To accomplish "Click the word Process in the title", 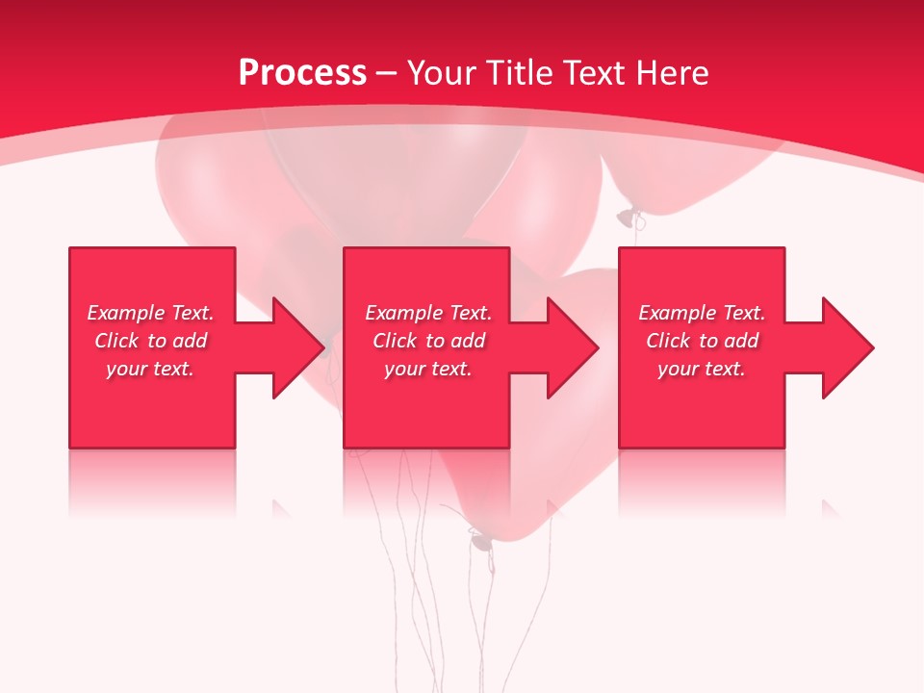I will [x=302, y=73].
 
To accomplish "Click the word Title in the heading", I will [x=517, y=73].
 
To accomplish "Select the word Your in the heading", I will [x=443, y=73].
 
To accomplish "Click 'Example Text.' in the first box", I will [x=150, y=313].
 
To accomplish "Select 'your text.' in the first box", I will [x=150, y=369].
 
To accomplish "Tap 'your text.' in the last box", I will [x=702, y=369].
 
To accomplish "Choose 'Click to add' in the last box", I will [x=702, y=341].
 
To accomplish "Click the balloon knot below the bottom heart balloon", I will [x=480, y=541].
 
